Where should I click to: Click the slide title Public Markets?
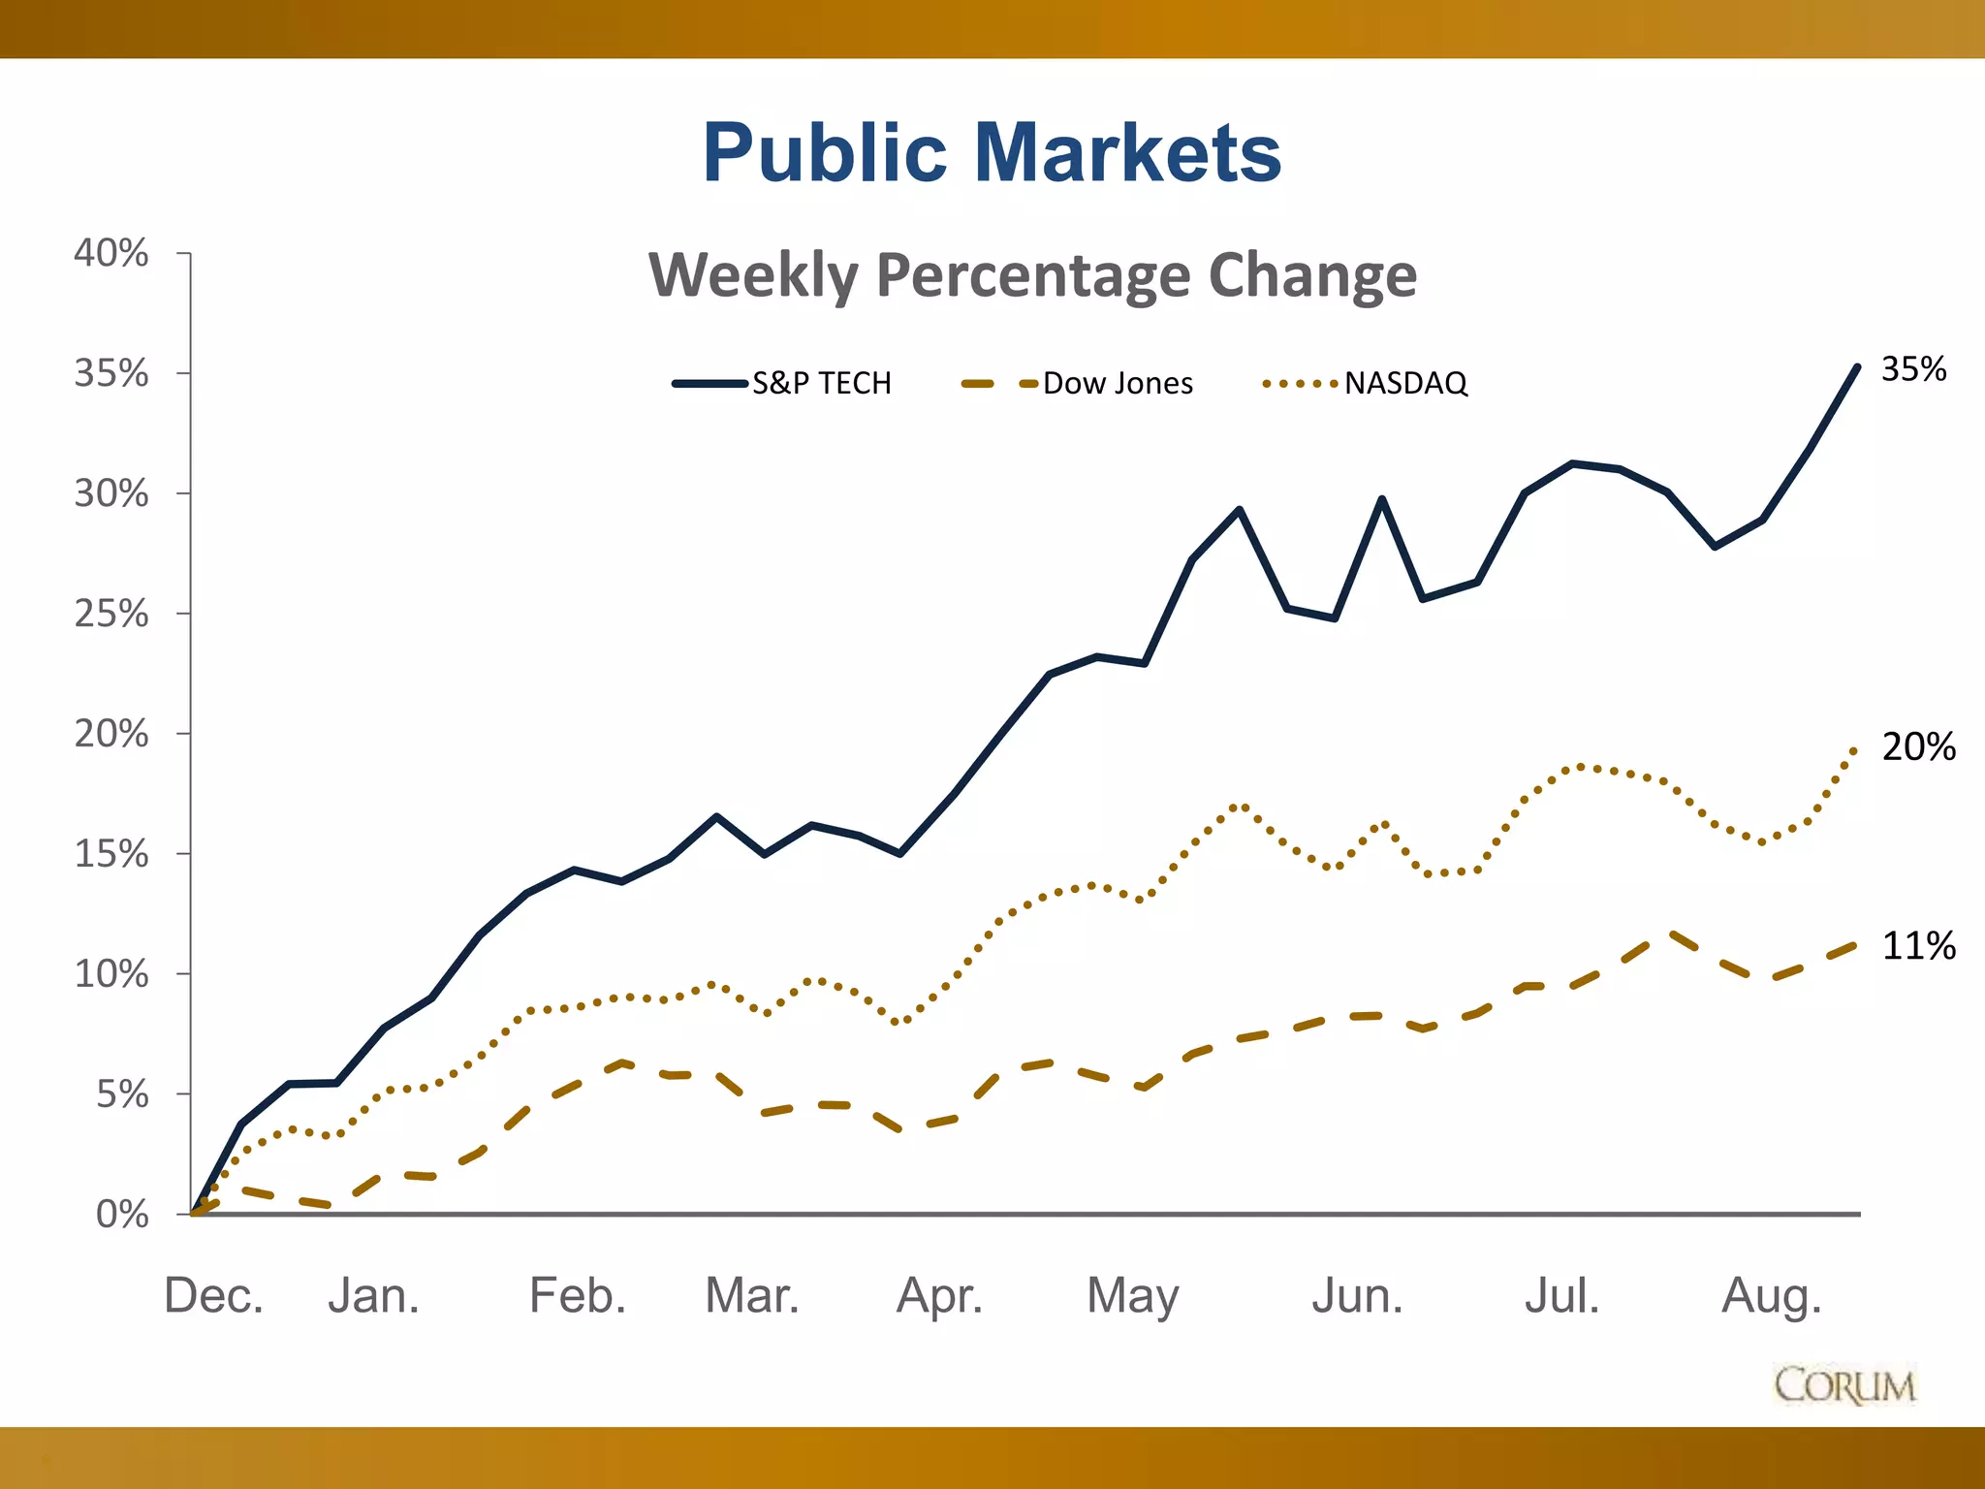click(992, 153)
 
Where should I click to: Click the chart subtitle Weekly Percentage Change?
click(1032, 275)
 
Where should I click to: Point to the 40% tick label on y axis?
click(111, 253)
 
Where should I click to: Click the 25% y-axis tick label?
click(111, 614)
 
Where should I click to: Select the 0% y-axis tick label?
click(122, 1215)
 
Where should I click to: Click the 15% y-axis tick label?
click(111, 854)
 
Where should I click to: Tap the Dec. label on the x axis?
click(213, 1296)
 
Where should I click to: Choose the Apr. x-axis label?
click(939, 1296)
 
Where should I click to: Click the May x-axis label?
click(1132, 1296)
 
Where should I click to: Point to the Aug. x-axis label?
click(1772, 1296)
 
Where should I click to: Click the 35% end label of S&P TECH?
click(1913, 369)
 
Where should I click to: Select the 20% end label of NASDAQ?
click(1918, 747)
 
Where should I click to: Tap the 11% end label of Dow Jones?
click(1918, 946)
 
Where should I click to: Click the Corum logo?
click(1844, 1385)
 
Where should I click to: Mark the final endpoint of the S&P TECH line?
click(1857, 366)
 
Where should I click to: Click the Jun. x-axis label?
click(1357, 1296)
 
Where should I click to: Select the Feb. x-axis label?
click(578, 1296)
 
